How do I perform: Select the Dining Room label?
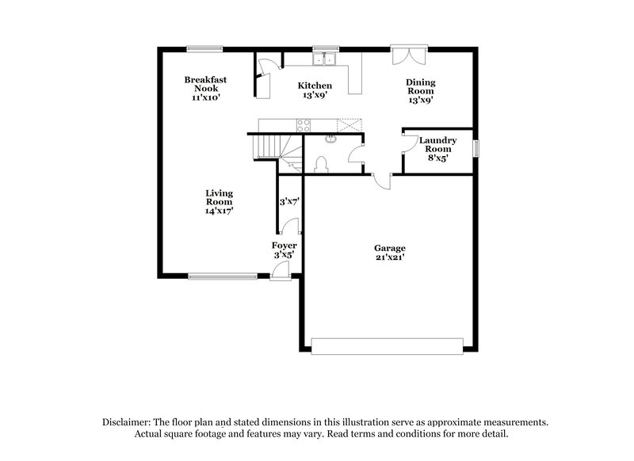coord(421,90)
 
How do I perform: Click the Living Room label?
coord(219,201)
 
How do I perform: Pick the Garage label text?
coord(390,252)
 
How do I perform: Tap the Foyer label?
coord(285,250)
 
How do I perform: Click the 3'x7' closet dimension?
coord(288,202)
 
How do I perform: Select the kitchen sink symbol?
coord(323,59)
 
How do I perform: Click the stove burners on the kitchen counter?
coord(303,124)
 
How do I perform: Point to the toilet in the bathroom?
coord(321,163)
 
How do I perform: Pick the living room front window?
coord(223,276)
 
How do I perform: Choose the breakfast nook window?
coord(204,48)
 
